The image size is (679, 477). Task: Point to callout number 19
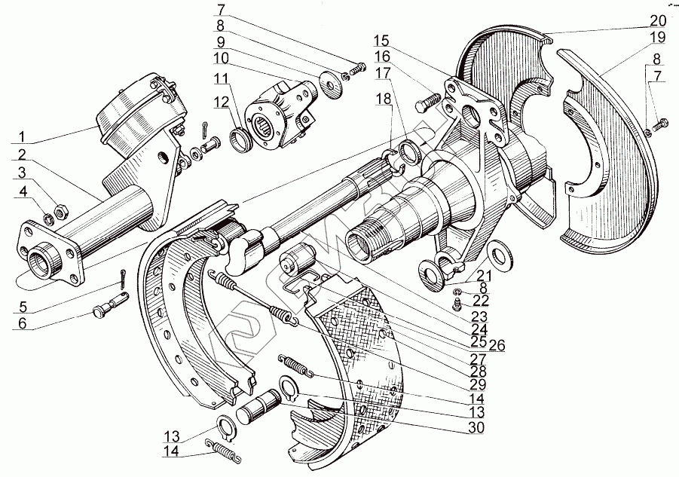[x=657, y=36]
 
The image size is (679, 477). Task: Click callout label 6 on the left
[x=21, y=324]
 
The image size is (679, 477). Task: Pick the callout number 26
[x=497, y=347]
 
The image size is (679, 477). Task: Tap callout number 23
[x=476, y=317]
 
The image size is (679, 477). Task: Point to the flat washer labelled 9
[x=329, y=82]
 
